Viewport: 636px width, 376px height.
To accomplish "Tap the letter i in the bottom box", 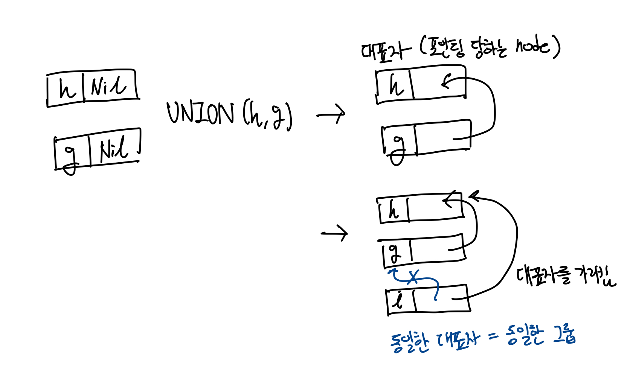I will click(398, 300).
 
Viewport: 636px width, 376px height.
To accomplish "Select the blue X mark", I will click(413, 277).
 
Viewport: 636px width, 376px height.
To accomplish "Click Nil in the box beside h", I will click(108, 86).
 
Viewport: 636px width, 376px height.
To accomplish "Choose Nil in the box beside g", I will click(114, 149).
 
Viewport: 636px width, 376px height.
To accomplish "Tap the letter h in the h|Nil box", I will click(67, 90).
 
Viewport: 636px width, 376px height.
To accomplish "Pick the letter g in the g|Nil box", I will click(70, 158).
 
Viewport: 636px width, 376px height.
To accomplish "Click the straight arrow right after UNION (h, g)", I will click(331, 114).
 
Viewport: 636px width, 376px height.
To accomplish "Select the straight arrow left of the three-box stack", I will click(334, 233).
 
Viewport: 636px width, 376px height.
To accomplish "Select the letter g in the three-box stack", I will click(394, 253).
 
